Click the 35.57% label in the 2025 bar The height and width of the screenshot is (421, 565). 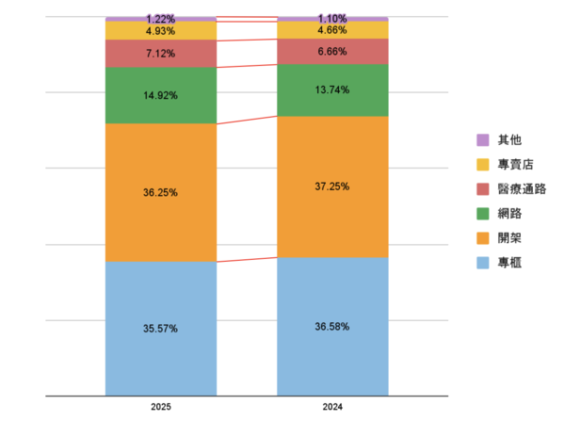tap(161, 329)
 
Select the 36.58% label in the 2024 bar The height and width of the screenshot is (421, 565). tap(332, 327)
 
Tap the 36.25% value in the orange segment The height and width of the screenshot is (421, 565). tap(161, 192)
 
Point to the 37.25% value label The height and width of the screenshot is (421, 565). tap(332, 186)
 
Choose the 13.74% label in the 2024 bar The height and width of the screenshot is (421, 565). tap(332, 89)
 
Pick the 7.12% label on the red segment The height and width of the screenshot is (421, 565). tap(161, 54)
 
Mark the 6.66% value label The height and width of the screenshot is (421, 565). tap(332, 52)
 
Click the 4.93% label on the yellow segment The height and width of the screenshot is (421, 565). tap(161, 31)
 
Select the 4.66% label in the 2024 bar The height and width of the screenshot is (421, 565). tap(332, 30)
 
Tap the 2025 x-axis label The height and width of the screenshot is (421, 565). tap(161, 408)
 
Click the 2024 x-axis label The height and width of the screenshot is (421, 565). tap(332, 408)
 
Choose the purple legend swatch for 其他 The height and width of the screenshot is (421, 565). tap(483, 140)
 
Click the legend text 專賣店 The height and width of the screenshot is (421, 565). tap(515, 165)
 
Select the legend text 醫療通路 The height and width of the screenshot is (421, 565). tap(522, 189)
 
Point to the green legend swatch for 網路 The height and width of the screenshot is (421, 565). tap(483, 214)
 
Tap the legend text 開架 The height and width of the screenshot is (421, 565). tap(509, 238)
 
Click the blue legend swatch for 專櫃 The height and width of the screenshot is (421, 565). tap(483, 263)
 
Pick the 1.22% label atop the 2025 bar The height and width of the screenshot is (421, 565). tap(161, 19)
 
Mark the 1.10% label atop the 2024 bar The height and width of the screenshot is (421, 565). tap(332, 19)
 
